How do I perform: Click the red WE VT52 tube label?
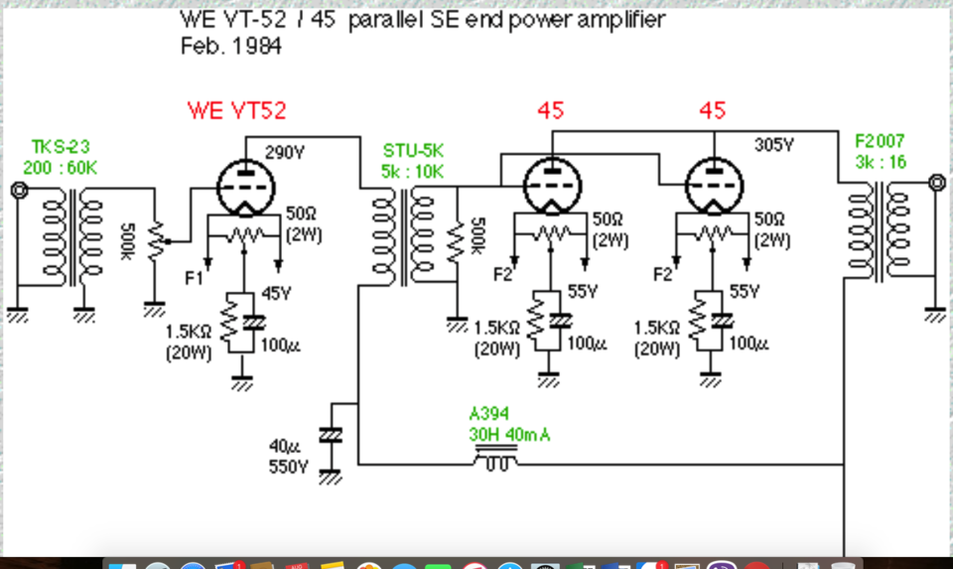(236, 110)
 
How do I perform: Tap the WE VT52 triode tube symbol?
(245, 188)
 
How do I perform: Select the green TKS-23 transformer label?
(61, 147)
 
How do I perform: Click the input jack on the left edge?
(20, 191)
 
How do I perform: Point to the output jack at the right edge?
(937, 182)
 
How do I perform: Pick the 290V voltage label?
(285, 153)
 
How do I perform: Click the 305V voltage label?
(773, 145)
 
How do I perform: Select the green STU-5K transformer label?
(413, 151)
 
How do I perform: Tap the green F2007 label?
(880, 142)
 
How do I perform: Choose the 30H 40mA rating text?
(509, 435)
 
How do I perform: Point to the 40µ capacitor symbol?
(330, 435)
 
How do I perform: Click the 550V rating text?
(289, 467)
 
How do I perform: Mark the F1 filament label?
(194, 278)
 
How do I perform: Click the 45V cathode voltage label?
(277, 294)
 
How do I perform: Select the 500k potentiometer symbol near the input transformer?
(156, 240)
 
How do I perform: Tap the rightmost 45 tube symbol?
(714, 186)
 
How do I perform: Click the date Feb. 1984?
(231, 47)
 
